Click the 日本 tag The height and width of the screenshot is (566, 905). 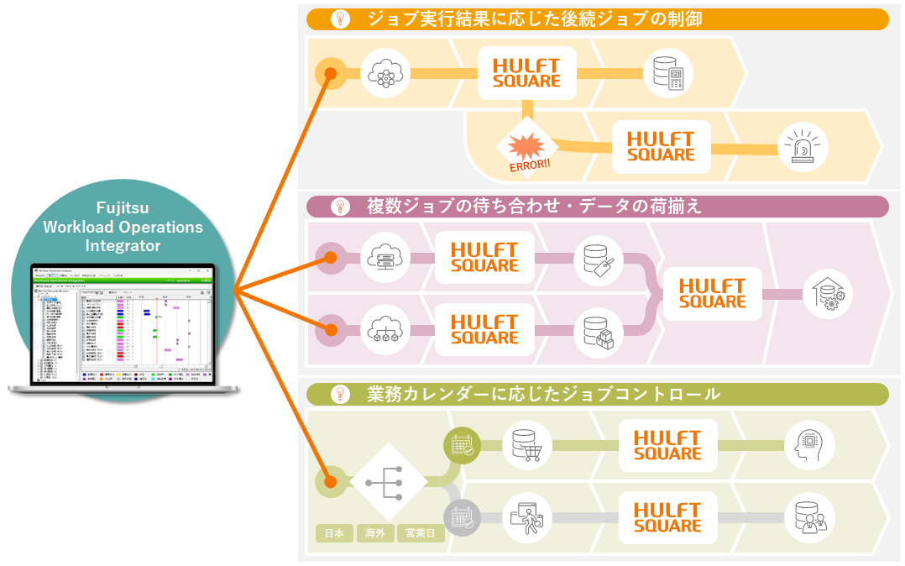point(334,533)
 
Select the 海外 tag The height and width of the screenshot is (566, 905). point(375,533)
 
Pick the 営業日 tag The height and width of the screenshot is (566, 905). point(420,533)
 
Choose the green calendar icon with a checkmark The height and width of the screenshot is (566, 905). point(462,446)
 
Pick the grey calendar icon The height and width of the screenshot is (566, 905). point(462,518)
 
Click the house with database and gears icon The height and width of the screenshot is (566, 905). point(828,294)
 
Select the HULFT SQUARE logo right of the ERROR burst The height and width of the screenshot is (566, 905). point(661,147)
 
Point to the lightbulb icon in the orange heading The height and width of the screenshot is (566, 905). point(340,19)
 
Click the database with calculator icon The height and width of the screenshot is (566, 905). point(668,75)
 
